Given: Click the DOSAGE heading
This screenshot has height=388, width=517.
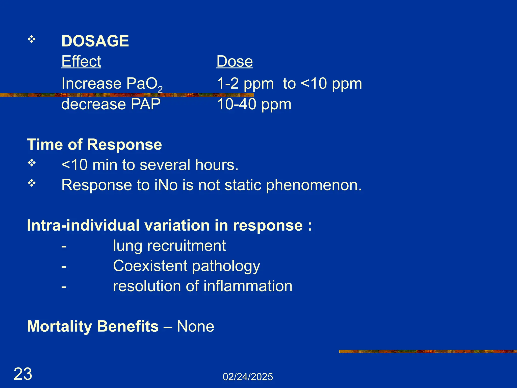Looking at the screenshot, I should [95, 41].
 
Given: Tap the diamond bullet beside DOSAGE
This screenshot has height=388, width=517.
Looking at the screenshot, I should [32, 39].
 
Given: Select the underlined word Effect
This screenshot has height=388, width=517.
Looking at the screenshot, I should [81, 61].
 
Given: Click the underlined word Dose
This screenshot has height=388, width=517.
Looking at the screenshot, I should [235, 61].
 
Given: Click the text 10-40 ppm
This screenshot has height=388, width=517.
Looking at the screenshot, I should [254, 104].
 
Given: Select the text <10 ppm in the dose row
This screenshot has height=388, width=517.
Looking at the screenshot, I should [332, 83].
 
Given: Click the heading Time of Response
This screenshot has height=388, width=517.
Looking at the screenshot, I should [94, 144].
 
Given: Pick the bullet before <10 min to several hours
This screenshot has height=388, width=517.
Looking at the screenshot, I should [32, 163].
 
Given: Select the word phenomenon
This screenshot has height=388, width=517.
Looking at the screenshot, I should [314, 185].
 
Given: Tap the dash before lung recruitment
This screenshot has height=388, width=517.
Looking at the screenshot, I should [64, 246].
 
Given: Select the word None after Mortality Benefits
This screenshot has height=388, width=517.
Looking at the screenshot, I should [195, 326].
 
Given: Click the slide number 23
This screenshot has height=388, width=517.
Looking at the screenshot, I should [23, 374].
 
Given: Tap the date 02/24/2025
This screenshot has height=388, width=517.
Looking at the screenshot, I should [248, 377].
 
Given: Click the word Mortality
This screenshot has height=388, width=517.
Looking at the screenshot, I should [60, 326].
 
